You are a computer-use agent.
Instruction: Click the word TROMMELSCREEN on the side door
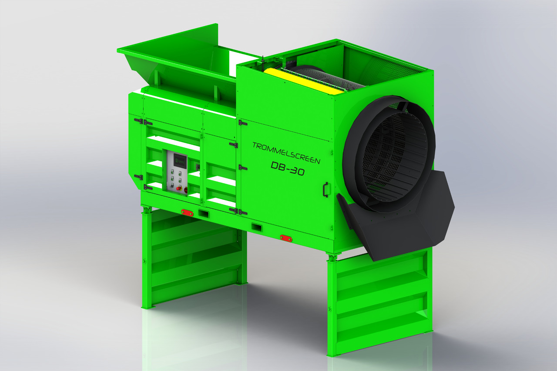[286, 152]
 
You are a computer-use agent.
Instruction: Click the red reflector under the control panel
[188, 213]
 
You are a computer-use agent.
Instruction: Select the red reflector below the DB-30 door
[286, 238]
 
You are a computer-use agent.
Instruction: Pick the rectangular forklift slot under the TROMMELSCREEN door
[256, 227]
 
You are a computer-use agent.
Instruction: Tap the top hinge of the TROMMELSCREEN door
[242, 123]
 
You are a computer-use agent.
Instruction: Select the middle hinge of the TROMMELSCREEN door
[242, 167]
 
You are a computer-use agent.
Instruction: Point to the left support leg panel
[194, 257]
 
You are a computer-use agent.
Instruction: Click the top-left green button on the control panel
[173, 171]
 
